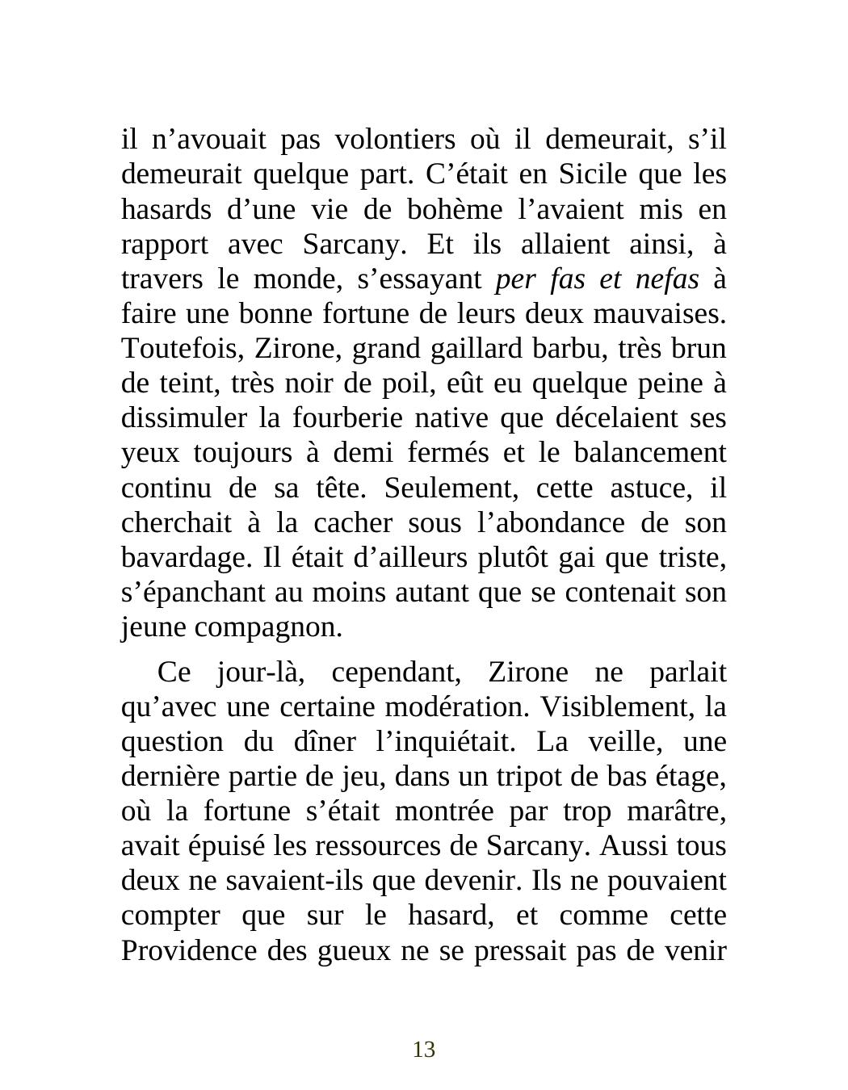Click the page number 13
[x=424, y=1050]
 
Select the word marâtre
[x=682, y=811]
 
